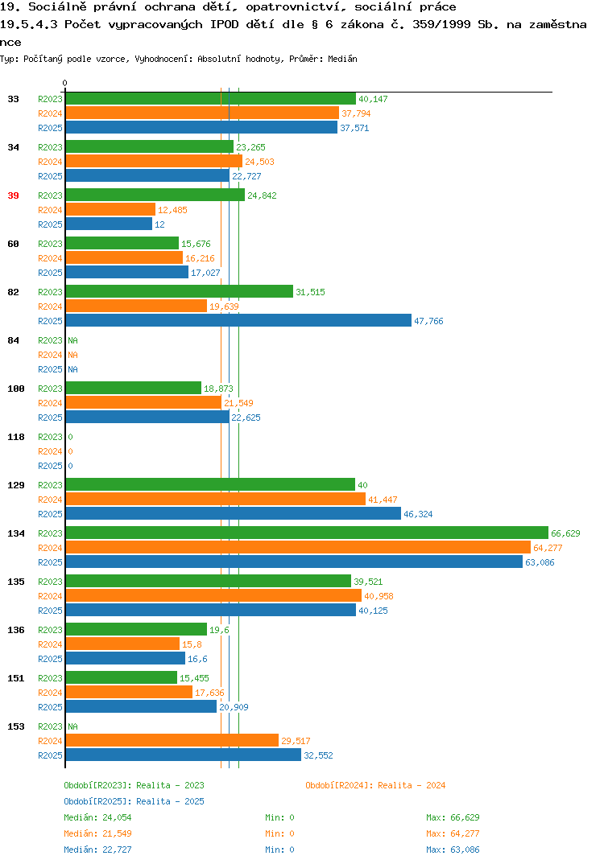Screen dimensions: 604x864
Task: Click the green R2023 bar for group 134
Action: click(308, 533)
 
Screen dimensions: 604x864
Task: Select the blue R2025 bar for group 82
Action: click(239, 321)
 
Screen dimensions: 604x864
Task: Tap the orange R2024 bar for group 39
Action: click(111, 210)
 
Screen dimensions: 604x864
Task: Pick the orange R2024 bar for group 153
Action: click(172, 741)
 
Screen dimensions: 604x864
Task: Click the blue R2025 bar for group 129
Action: click(234, 513)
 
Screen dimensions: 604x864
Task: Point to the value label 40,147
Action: click(373, 99)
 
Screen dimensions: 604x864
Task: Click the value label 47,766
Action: click(428, 321)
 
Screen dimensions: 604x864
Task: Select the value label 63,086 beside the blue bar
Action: click(540, 562)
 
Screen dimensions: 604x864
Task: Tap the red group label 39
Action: click(13, 195)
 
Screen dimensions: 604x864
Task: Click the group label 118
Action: click(16, 437)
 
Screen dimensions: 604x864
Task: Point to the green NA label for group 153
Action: click(72, 726)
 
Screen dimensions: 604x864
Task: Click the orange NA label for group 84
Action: click(72, 355)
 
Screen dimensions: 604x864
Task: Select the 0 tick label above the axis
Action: click(64, 83)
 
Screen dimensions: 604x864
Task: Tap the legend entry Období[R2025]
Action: click(97, 801)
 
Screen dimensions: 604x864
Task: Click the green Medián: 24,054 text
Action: click(97, 817)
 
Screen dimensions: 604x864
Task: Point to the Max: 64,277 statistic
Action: click(453, 833)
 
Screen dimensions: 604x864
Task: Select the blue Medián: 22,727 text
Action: click(97, 850)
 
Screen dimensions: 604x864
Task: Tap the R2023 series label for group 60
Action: click(50, 244)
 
